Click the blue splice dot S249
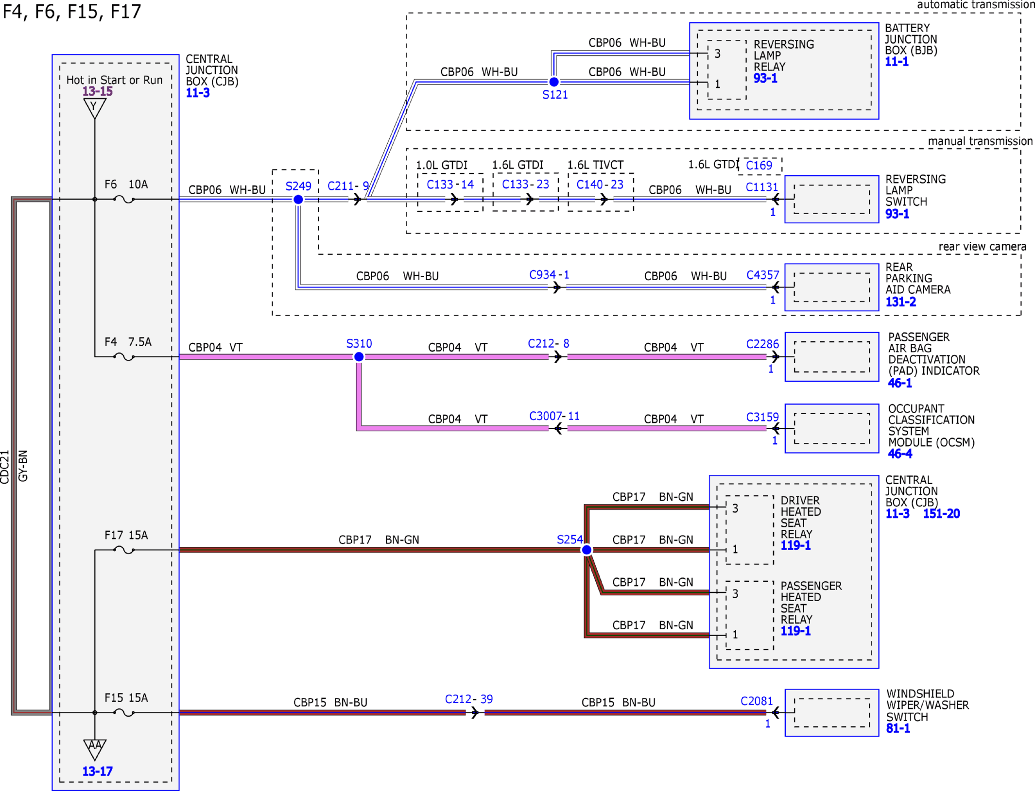coord(298,200)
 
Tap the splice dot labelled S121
coord(554,82)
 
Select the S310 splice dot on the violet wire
coord(359,357)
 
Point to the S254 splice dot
coord(587,550)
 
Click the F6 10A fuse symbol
coord(124,199)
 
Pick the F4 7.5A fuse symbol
coord(124,357)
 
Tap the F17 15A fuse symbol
coord(124,550)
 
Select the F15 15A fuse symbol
coord(124,713)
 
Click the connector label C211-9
coord(348,186)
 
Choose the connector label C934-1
coord(549,275)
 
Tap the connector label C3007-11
coord(554,416)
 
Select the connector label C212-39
coord(469,699)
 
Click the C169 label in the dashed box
coord(759,166)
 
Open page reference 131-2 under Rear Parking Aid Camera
coord(901,302)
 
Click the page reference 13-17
coord(98,772)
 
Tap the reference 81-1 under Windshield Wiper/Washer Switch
coord(898,728)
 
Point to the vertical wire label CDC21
coord(5,467)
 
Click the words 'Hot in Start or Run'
coord(115,80)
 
